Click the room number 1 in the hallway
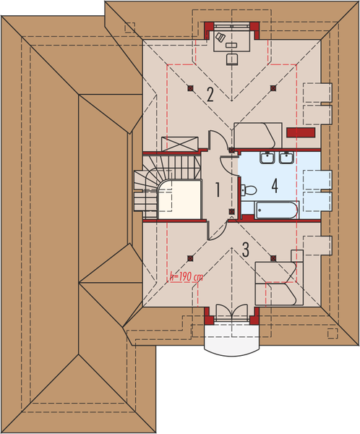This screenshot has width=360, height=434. pyautogui.click(x=217, y=190)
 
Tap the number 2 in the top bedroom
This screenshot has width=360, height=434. pyautogui.click(x=210, y=93)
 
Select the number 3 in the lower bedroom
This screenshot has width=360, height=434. pyautogui.click(x=246, y=250)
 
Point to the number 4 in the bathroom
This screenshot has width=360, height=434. pyautogui.click(x=275, y=184)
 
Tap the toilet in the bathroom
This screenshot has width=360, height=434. pyautogui.click(x=249, y=190)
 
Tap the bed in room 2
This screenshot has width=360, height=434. pyautogui.click(x=257, y=135)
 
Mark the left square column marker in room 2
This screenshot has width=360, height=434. pyautogui.click(x=189, y=89)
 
